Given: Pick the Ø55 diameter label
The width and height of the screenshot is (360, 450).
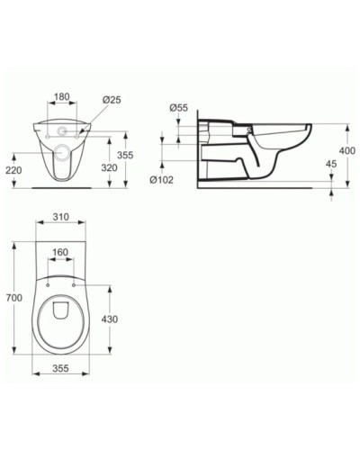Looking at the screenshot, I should pyautogui.click(x=179, y=108).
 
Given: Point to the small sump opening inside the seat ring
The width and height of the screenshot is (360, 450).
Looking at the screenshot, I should pyautogui.click(x=61, y=310).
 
